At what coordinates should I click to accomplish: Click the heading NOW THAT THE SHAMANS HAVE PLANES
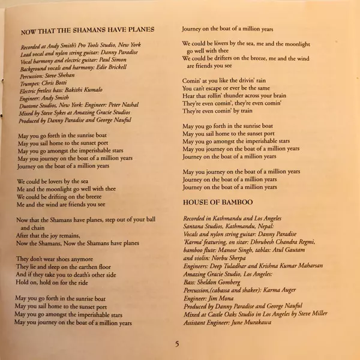88,29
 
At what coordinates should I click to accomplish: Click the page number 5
177,344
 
